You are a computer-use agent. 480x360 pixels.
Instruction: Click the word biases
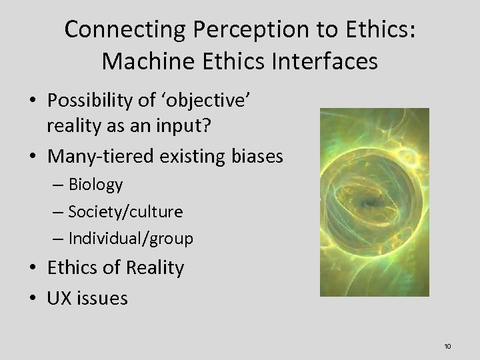click(256, 157)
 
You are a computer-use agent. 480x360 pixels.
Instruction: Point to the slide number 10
click(447, 345)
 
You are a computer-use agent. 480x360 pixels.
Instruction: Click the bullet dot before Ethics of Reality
click(34, 269)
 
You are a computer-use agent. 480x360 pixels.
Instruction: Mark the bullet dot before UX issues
click(34, 298)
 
